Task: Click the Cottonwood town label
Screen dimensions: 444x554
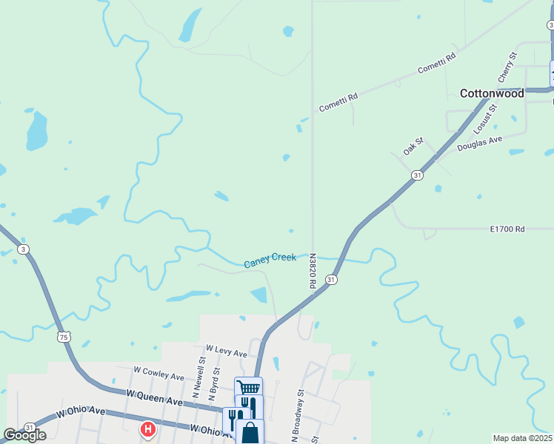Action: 492,93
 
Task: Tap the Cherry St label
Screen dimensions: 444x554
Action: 507,67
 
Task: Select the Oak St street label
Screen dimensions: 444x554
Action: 413,145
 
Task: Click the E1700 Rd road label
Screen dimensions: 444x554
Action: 507,229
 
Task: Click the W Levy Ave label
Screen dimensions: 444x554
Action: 227,350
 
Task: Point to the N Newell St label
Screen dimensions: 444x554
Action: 201,374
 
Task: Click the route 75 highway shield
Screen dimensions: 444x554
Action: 64,337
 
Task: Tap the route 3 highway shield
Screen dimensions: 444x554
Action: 24,249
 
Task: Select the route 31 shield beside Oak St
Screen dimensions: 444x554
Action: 418,175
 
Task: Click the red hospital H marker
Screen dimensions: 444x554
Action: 148,428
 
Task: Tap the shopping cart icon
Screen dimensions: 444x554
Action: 248,388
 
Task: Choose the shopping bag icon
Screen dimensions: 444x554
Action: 250,431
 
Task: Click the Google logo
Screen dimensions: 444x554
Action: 24,435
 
